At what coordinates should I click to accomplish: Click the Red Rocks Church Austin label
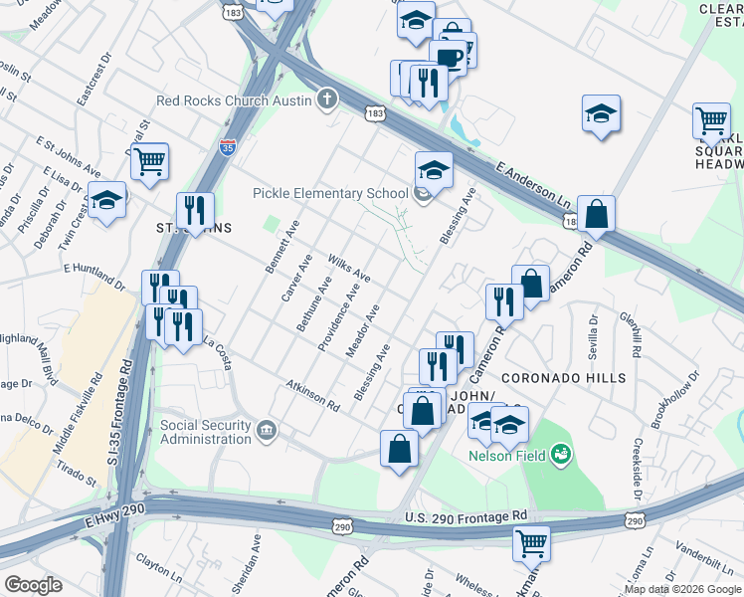[x=235, y=100]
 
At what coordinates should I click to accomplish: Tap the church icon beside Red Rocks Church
[x=325, y=99]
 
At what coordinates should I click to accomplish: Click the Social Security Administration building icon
[x=266, y=429]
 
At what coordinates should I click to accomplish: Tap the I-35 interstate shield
[x=228, y=145]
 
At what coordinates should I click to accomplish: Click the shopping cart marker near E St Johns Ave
[x=149, y=160]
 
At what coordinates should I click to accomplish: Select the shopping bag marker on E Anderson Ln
[x=595, y=213]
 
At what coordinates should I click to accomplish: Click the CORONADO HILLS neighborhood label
[x=563, y=378]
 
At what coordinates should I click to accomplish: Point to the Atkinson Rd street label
[x=312, y=395]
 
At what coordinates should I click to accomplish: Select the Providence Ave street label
[x=338, y=317]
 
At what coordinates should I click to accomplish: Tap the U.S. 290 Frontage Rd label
[x=465, y=516]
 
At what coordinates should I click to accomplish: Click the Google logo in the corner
[x=34, y=585]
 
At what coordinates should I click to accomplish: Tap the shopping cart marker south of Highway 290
[x=532, y=543]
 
